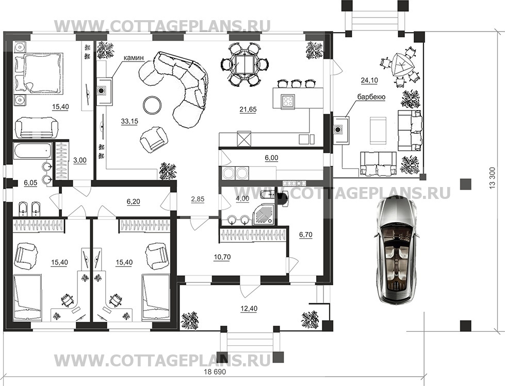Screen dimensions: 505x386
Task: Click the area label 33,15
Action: coord(129,121)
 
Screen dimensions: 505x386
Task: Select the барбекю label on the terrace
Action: coord(371,97)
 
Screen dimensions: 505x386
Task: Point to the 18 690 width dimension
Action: coord(215,372)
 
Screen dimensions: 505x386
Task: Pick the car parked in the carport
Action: coord(397,251)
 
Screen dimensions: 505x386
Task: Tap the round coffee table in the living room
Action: coord(152,104)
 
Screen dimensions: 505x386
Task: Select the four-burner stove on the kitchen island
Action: coord(287,100)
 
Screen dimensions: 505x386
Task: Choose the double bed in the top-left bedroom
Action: coord(38,73)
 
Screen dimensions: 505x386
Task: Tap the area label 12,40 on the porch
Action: coord(249,309)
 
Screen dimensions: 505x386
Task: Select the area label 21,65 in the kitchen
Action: coord(248,110)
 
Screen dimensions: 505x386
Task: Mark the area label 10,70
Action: coord(222,257)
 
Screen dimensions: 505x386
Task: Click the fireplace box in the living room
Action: coord(104,91)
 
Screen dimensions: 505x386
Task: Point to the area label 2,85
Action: coord(198,199)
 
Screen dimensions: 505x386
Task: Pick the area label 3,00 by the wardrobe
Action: coord(80,160)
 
